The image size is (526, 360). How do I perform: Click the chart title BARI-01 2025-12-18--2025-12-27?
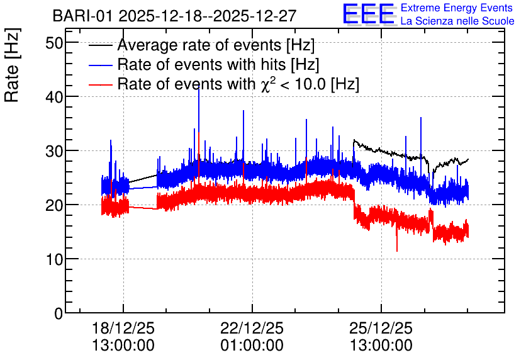tap(174, 16)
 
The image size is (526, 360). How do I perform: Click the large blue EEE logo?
tap(369, 14)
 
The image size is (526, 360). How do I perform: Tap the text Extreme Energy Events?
tap(457, 8)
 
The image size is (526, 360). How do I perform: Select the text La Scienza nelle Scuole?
tap(457, 21)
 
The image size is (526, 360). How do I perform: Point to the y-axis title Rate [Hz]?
tap(12, 65)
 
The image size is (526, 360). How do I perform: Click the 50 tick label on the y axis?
tap(54, 43)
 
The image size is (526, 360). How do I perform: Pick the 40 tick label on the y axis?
tap(54, 98)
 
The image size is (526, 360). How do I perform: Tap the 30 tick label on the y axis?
tap(54, 151)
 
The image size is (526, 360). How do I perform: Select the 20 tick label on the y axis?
tap(54, 205)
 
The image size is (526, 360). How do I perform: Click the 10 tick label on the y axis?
tap(54, 259)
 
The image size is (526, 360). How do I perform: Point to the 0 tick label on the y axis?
tap(59, 313)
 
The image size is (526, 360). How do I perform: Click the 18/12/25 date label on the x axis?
tap(123, 328)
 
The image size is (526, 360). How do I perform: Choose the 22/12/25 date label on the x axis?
tap(252, 328)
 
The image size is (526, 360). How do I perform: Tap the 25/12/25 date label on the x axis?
tap(381, 328)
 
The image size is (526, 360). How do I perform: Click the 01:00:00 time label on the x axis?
tap(252, 345)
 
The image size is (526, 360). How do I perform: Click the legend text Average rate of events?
tap(199, 45)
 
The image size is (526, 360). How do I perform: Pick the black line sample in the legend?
tap(100, 45)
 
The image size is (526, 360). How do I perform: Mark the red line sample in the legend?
tap(100, 84)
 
